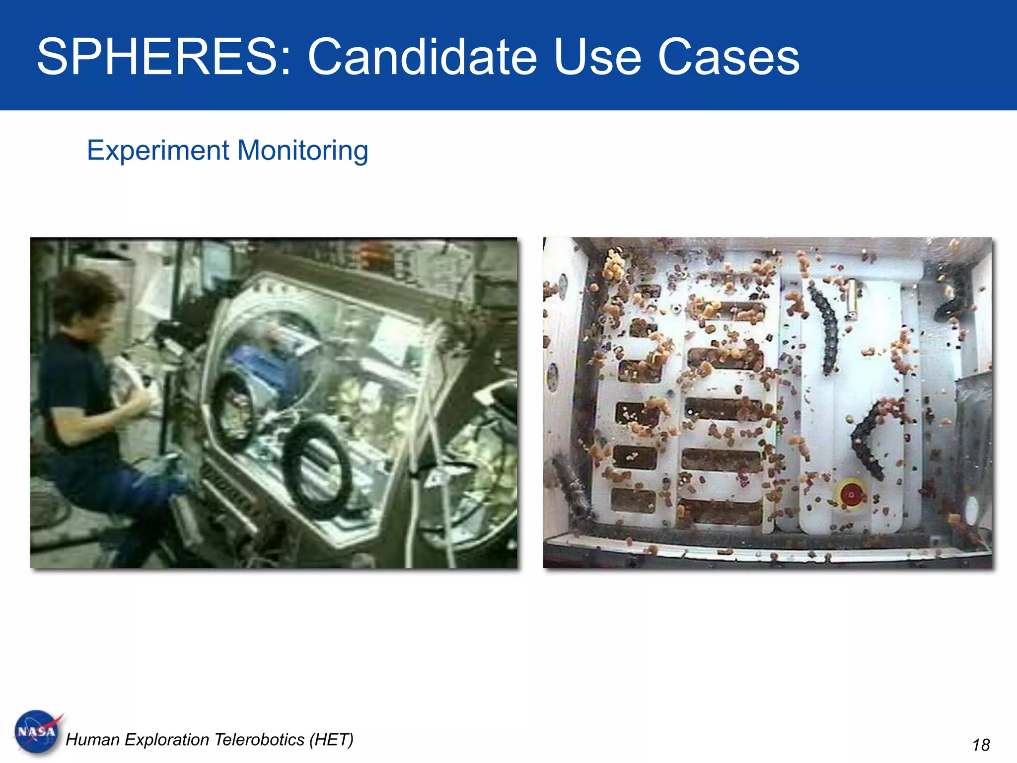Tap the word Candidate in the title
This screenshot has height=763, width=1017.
coord(422,57)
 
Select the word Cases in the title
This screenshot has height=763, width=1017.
coord(728,57)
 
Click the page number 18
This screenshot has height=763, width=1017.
coord(981,745)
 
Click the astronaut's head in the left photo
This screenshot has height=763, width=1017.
coord(84,303)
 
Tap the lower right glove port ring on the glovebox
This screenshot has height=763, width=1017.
coord(318,469)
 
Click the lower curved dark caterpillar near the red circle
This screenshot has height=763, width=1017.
coord(867,440)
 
